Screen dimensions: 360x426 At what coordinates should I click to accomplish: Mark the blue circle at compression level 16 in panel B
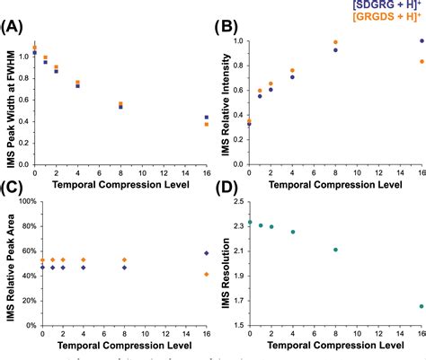421,41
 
